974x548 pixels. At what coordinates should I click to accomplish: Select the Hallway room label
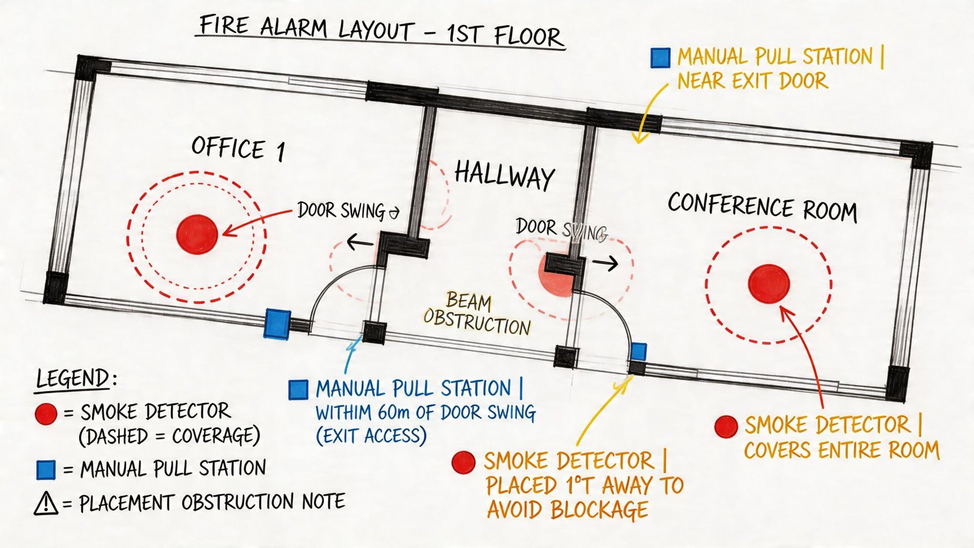point(504,175)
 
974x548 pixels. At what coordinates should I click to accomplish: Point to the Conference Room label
point(762,207)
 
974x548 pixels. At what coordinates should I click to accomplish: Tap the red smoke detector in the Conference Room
point(769,284)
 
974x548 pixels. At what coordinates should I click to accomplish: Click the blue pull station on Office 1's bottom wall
point(277,323)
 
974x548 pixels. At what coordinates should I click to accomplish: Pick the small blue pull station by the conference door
point(638,351)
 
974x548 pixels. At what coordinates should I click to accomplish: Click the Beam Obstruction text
point(476,314)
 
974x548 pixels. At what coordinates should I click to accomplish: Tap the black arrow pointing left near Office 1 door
point(360,244)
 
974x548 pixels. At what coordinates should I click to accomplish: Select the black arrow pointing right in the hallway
point(606,263)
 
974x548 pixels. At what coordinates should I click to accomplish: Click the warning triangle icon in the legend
point(46,504)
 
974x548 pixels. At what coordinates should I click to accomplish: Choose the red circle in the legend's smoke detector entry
point(46,413)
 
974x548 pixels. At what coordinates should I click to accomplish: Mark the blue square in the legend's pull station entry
point(46,469)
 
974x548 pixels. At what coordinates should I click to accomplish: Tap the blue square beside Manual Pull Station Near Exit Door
point(660,58)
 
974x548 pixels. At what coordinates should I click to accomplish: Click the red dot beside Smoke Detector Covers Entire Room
point(726,427)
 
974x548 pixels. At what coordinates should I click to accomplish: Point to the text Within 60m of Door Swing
point(425,413)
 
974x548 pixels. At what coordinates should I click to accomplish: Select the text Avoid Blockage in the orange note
point(567,509)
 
